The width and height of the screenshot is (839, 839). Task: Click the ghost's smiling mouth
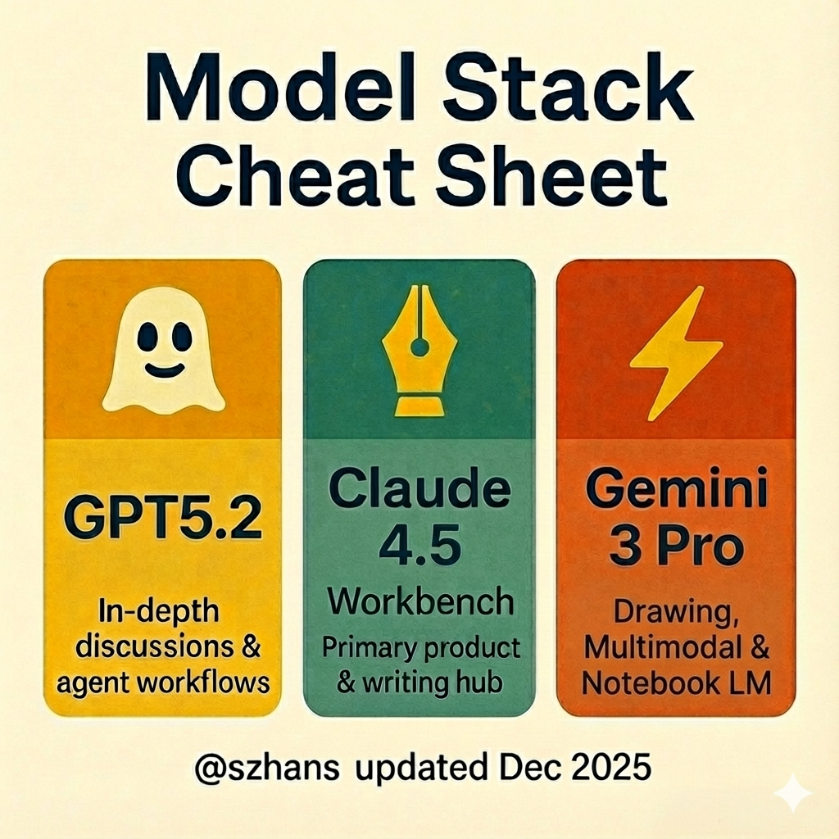[x=165, y=370]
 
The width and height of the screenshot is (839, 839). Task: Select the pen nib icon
[x=419, y=351]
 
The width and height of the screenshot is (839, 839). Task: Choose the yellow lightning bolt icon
[x=675, y=353]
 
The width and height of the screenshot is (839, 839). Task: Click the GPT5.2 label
[x=163, y=519]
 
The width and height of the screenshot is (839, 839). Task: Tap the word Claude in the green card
[x=419, y=488]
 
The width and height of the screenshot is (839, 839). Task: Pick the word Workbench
[x=420, y=601]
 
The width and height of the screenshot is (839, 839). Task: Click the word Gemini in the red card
[x=676, y=488]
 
